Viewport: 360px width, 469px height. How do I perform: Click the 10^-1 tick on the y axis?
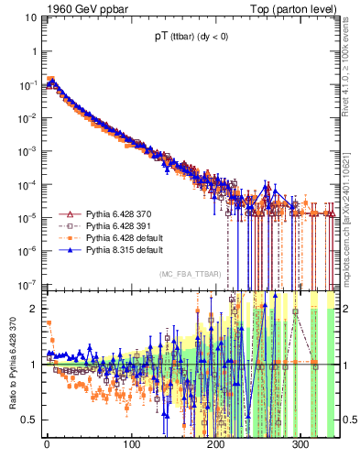click(28, 84)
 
